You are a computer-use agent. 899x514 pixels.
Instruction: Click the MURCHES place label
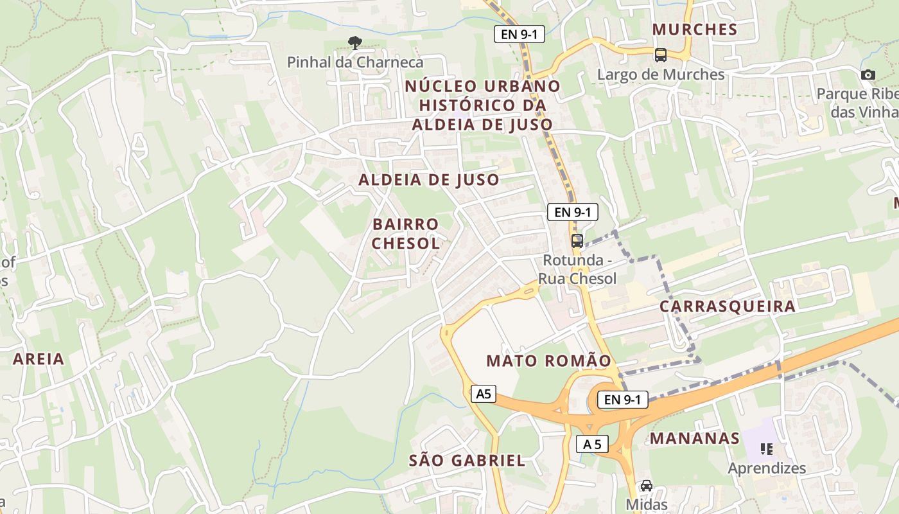coord(695,30)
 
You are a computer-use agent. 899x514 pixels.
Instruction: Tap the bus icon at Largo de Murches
coord(660,55)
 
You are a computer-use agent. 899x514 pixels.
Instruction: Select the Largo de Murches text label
coord(661,75)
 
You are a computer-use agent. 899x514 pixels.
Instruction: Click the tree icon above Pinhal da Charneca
coord(354,43)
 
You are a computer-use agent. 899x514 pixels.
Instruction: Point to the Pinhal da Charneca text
coord(355,62)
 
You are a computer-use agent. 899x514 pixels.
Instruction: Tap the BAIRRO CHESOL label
coord(406,234)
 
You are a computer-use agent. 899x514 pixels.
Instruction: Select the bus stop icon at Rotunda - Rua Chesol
coord(577,241)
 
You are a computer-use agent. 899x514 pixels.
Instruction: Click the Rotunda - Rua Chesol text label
coord(577,269)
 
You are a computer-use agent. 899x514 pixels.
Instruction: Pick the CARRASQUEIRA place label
coord(728,306)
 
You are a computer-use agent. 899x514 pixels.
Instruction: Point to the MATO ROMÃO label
coord(549,361)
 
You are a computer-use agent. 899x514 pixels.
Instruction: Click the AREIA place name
coord(39,359)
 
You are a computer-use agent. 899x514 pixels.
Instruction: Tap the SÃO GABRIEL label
coord(467,461)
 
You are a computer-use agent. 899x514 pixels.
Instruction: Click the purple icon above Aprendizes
coord(765,448)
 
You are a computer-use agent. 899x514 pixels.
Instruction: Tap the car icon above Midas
coord(647,486)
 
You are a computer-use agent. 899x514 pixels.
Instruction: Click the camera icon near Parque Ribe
coord(868,75)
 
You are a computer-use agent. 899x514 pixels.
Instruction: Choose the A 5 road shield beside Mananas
coord(591,444)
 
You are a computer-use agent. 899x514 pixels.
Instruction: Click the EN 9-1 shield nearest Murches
coord(519,35)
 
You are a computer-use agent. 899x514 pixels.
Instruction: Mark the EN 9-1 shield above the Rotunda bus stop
coord(573,212)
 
